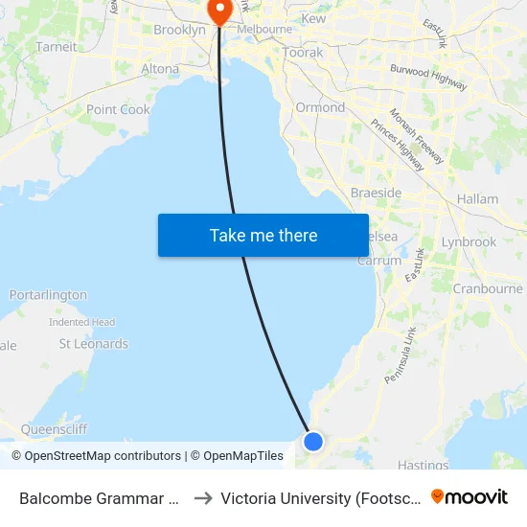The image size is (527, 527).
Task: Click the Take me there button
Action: click(263, 235)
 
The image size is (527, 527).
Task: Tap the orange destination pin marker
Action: click(219, 11)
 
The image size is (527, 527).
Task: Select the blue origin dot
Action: click(313, 441)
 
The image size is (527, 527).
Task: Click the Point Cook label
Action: click(118, 109)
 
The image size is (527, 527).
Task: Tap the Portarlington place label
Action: click(48, 295)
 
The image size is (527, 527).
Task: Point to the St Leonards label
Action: click(93, 343)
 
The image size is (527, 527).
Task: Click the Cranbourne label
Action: click(488, 287)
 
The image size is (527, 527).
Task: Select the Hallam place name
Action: click(477, 199)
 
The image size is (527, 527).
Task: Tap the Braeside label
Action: click(376, 193)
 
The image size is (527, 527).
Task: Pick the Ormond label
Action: click(320, 107)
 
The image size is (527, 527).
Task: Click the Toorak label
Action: click(303, 52)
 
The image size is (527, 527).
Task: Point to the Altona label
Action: click(160, 69)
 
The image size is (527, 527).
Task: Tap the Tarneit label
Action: click(56, 46)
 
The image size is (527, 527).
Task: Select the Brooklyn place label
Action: click(179, 30)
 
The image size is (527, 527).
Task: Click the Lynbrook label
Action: click(469, 242)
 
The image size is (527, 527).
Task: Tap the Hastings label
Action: click(423, 466)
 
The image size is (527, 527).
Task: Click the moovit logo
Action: click(470, 497)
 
